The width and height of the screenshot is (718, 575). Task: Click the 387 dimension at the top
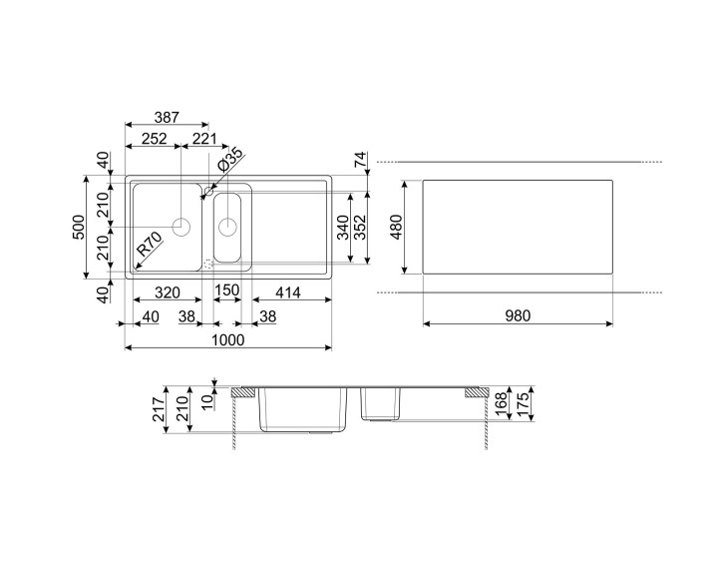pos(166,118)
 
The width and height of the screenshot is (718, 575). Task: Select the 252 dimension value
pos(154,140)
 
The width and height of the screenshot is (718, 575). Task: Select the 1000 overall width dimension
pos(227,339)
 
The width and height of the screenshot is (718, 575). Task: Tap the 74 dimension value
pos(361,159)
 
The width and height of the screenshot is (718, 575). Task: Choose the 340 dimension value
pos(343,229)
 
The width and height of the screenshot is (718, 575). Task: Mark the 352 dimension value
pos(364,229)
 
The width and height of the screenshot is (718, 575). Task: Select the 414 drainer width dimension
pos(289,292)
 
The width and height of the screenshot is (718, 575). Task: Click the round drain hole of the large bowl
pos(182,226)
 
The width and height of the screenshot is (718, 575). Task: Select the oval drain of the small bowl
pos(227,226)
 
